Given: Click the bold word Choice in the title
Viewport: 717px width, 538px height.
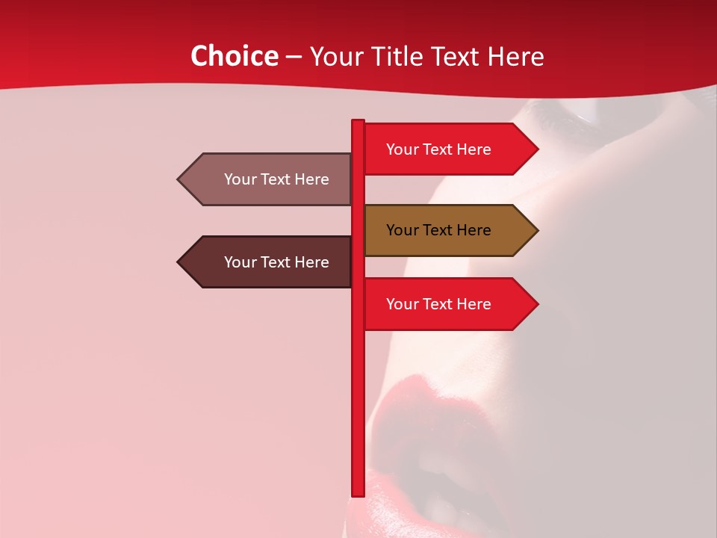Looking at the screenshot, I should (x=234, y=56).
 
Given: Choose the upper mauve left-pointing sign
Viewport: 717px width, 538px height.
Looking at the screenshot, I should (x=269, y=179).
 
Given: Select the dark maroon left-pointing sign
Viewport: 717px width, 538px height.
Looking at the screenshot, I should (x=269, y=262).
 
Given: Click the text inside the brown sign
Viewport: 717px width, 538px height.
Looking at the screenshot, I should (x=438, y=230).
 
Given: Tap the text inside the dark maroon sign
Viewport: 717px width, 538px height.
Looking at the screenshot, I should (x=276, y=262).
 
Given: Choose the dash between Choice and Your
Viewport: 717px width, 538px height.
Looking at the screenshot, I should (x=294, y=57).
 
